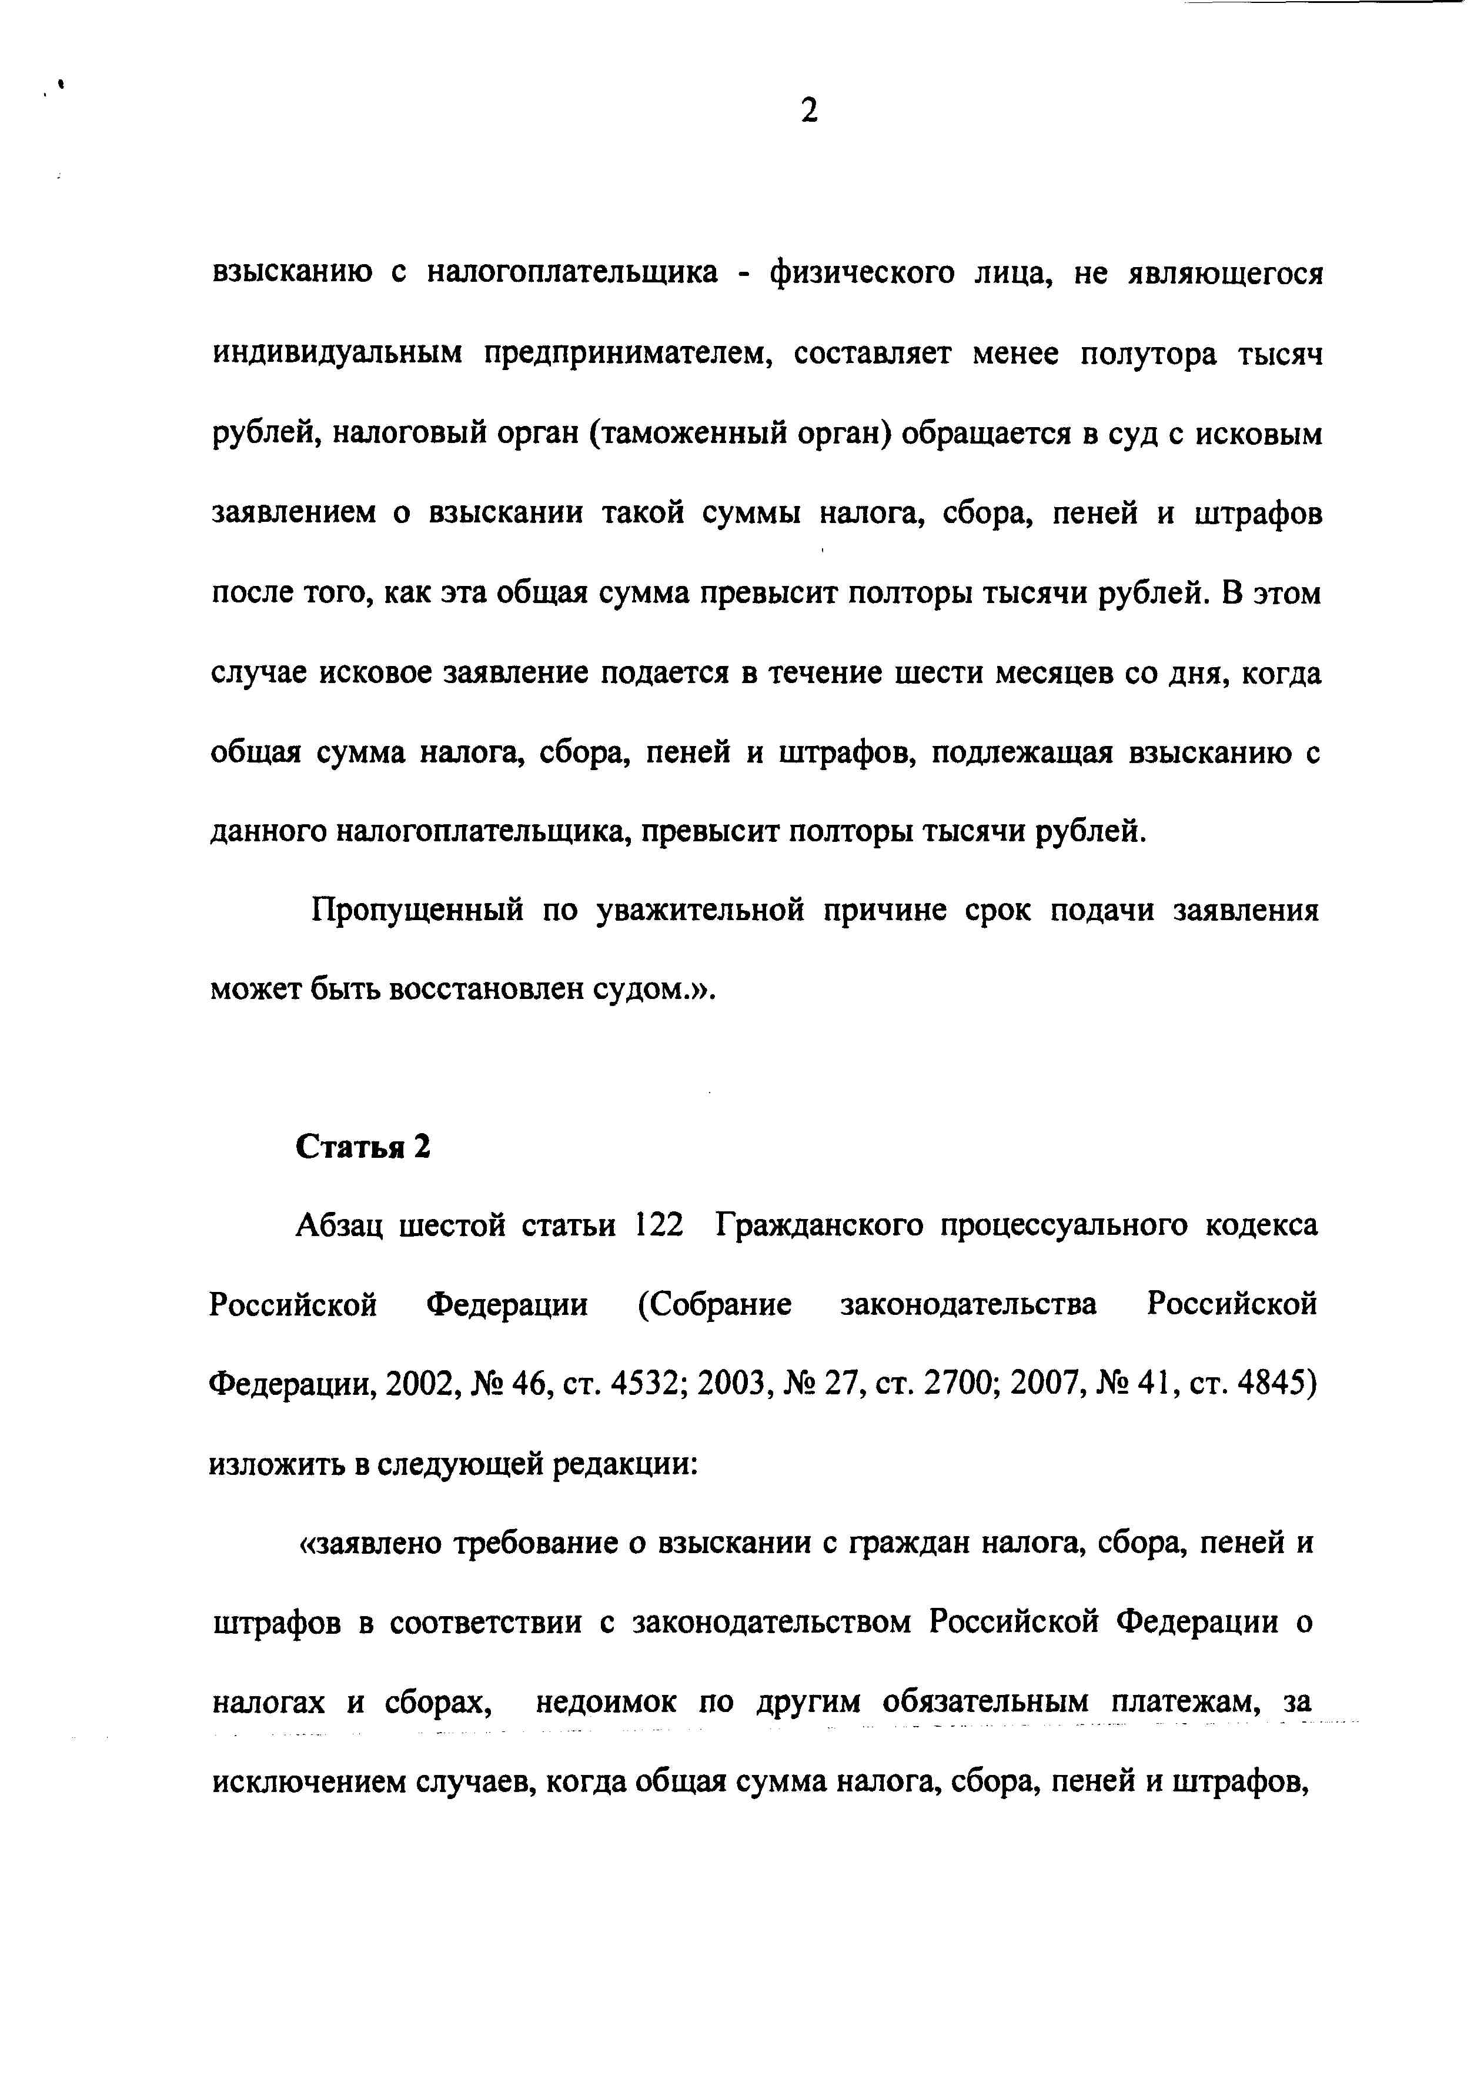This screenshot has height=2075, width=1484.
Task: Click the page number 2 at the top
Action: pos(808,112)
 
